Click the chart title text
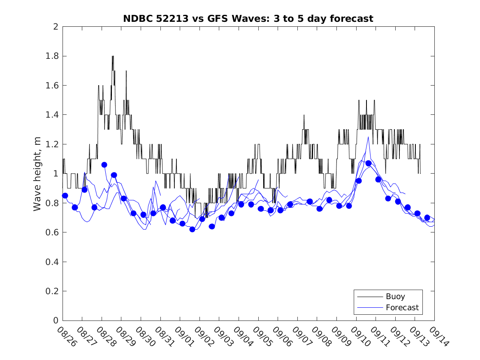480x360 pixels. tap(248, 19)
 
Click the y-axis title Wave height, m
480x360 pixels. tap(37, 173)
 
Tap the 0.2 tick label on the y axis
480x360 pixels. tap(53, 291)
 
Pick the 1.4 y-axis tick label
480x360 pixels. tap(53, 115)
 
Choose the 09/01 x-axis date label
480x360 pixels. tap(183, 337)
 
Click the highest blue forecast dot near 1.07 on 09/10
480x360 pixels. tap(369, 163)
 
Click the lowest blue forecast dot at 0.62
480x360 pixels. tap(192, 229)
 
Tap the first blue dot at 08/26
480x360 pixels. tap(65, 195)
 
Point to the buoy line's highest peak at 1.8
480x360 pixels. tap(113, 56)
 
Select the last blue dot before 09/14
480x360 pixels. tap(427, 218)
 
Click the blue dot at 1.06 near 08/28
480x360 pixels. tap(104, 165)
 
